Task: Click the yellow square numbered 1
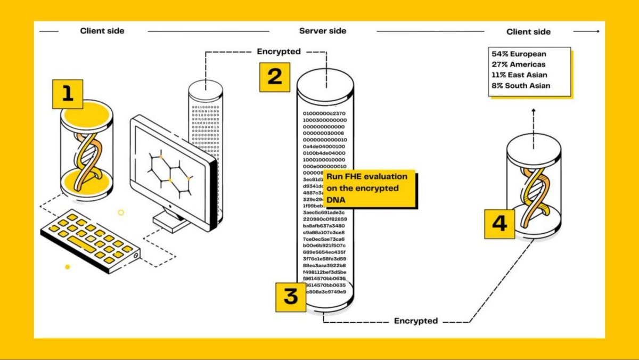68,94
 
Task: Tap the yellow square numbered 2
274,77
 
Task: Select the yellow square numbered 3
290,297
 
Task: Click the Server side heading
323,31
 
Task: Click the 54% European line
519,54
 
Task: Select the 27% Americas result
519,64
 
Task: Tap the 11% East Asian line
519,75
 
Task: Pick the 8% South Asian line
521,86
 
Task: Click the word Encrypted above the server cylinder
278,52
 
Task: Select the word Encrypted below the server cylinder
416,321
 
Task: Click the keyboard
91,242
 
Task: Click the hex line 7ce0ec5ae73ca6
324,239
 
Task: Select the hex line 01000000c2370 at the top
324,113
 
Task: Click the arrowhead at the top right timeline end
597,31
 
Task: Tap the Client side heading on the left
102,31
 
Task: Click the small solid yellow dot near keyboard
67,266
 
